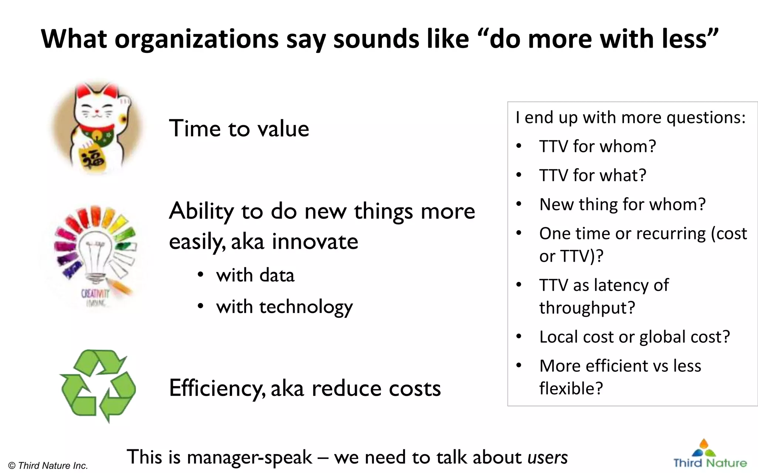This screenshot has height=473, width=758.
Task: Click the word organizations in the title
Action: (x=197, y=39)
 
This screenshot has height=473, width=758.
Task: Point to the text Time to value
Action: (x=239, y=129)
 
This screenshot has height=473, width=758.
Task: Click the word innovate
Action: (x=315, y=242)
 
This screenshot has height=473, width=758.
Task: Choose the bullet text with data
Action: (x=255, y=276)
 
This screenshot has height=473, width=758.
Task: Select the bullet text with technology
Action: (x=284, y=307)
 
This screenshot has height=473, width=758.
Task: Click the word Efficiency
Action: (x=217, y=388)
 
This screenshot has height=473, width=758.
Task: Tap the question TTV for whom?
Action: (x=597, y=146)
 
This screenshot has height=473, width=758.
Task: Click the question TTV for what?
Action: (x=593, y=175)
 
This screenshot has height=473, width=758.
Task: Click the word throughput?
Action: (x=587, y=307)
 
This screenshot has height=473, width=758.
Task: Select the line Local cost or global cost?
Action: (x=634, y=337)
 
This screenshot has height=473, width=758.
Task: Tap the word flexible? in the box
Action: (x=571, y=388)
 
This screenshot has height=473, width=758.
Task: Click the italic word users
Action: (x=547, y=457)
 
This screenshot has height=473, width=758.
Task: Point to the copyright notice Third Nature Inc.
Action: (x=48, y=466)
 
